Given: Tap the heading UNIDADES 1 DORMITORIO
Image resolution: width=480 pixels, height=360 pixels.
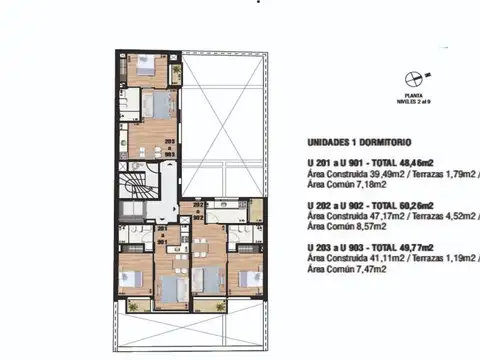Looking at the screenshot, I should point(355,143).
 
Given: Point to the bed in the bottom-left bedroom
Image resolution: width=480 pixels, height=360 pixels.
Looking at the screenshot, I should point(130,278).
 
